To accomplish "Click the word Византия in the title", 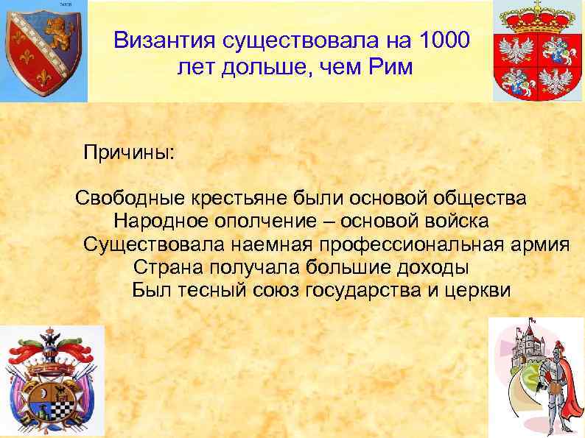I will click(161, 39).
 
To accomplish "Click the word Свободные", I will click(130, 199).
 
